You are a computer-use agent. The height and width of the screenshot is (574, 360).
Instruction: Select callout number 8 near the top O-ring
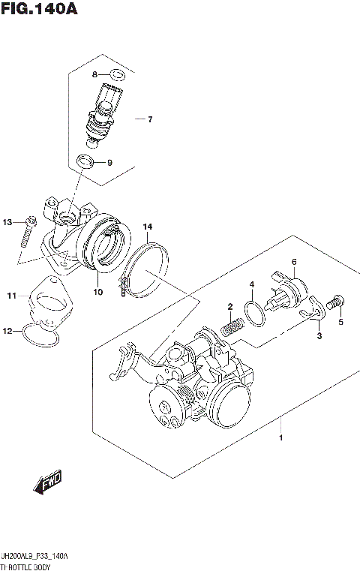click(x=95, y=74)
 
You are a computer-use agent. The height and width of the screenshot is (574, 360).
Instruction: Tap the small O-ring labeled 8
click(x=116, y=74)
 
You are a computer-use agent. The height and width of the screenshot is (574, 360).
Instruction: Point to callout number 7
click(x=149, y=119)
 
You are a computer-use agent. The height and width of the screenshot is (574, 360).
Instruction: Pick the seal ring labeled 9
click(x=85, y=162)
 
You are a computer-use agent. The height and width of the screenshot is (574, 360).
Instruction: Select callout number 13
click(x=7, y=222)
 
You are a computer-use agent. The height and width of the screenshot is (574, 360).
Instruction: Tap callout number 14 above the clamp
click(x=148, y=227)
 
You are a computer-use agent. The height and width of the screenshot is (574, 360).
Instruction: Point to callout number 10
click(x=97, y=292)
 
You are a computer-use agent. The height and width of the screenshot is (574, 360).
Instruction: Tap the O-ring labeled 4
click(x=254, y=314)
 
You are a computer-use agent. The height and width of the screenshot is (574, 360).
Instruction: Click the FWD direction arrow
click(x=47, y=483)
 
